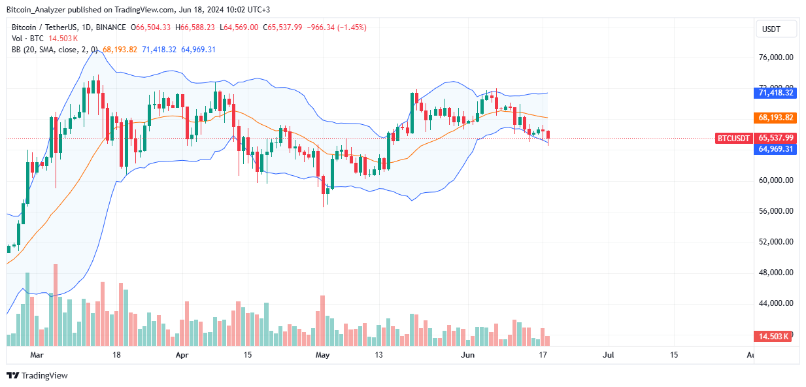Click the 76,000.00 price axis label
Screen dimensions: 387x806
coord(775,58)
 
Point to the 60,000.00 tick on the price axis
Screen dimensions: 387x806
coord(775,180)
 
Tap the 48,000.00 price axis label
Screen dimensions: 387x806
coord(775,273)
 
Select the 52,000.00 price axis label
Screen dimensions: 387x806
coord(775,242)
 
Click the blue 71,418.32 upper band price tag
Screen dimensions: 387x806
coord(776,93)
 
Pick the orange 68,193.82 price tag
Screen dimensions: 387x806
coord(776,118)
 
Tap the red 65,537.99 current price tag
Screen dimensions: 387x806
coord(776,138)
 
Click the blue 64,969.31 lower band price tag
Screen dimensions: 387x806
coord(776,149)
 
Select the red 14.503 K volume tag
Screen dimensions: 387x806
coord(775,336)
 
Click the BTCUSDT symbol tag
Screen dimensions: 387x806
coord(733,138)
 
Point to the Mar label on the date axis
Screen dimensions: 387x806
coord(37,355)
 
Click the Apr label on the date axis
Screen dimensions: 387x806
coord(182,355)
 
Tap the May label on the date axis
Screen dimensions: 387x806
coord(322,355)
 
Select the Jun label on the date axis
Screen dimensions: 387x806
coord(468,355)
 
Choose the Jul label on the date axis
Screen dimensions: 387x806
coord(608,355)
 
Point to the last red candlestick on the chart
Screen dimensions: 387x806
coord(548,135)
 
